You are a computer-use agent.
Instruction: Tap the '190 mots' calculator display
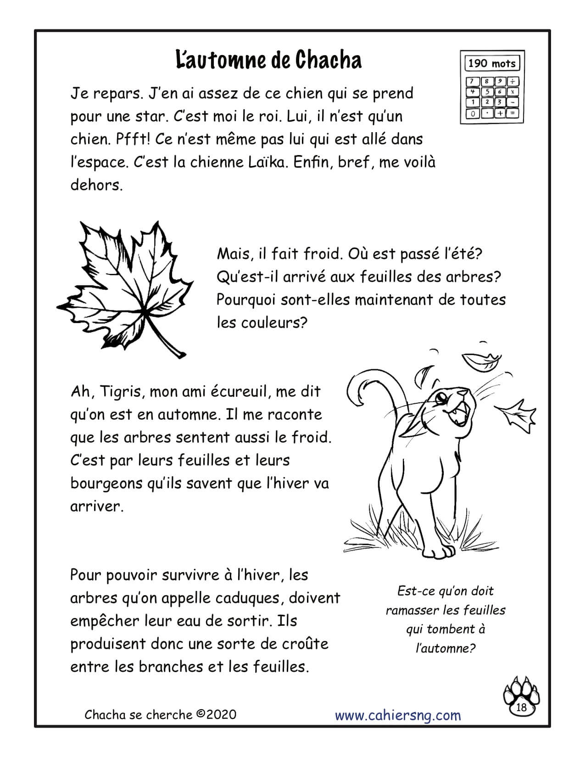pyautogui.click(x=492, y=63)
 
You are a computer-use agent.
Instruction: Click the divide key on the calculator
pyautogui.click(x=513, y=82)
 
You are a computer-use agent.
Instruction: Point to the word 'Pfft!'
pyautogui.click(x=131, y=139)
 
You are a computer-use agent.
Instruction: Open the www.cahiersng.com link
pyautogui.click(x=398, y=715)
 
